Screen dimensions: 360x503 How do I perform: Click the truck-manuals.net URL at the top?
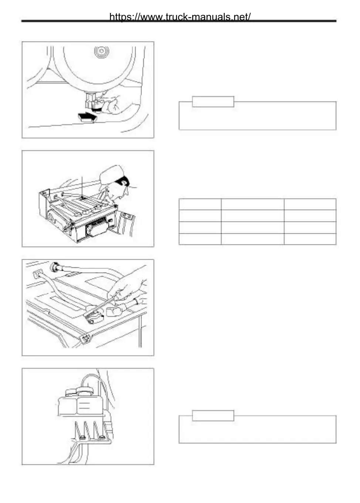coord(180,17)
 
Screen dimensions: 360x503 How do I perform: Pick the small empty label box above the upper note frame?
coord(213,102)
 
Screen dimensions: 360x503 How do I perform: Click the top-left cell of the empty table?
coord(200,205)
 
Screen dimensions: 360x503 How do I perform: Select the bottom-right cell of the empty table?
coord(310,239)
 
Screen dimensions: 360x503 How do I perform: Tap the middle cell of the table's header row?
coord(252,205)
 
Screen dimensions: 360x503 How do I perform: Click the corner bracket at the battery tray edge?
coord(86,337)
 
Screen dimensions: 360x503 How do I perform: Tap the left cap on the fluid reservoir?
coord(70,392)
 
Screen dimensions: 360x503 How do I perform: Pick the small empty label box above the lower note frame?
coord(213,415)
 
